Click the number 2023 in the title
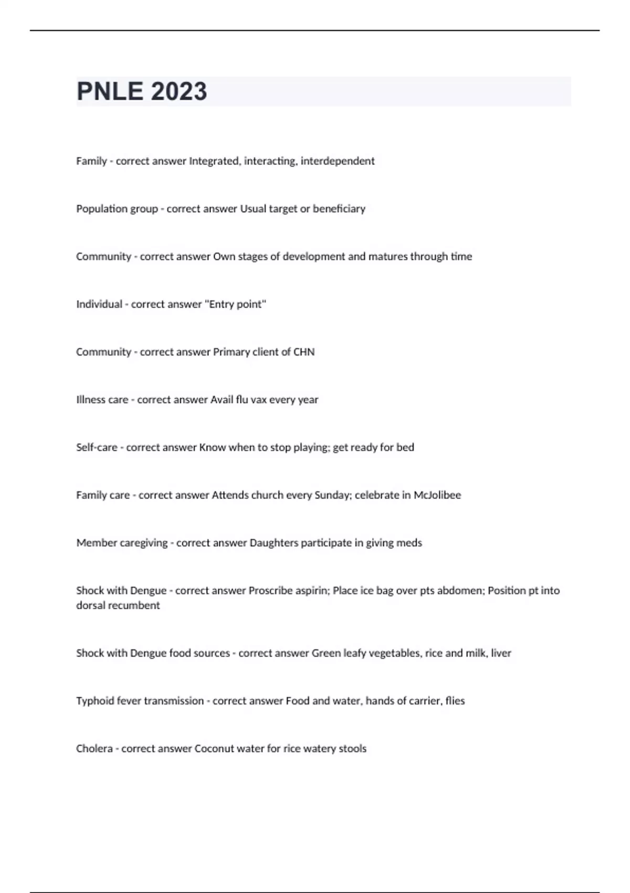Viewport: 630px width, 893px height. (x=178, y=91)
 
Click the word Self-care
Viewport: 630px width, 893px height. (x=97, y=448)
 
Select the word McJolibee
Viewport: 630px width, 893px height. (x=437, y=495)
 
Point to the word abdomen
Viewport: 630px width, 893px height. (x=463, y=590)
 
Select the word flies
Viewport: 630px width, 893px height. (x=455, y=701)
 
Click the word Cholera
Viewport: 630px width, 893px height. (x=94, y=749)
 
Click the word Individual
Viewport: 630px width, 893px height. (x=99, y=305)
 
